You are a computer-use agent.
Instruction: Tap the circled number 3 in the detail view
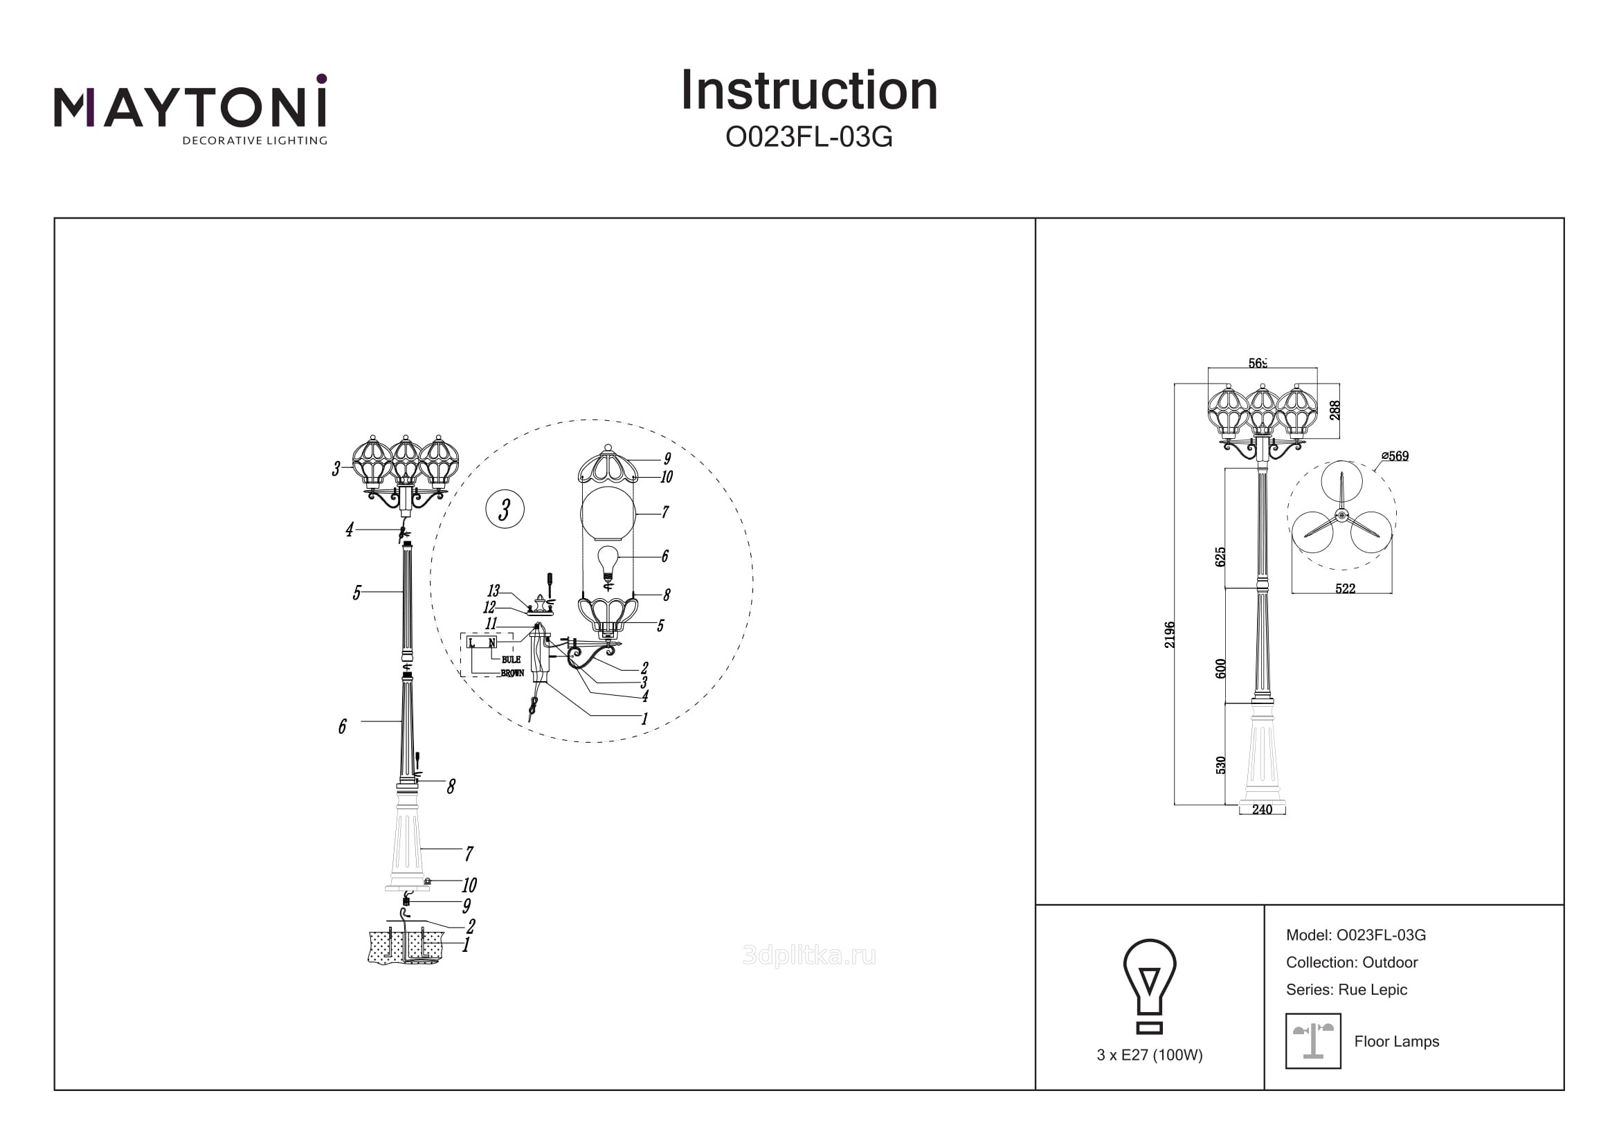click(505, 509)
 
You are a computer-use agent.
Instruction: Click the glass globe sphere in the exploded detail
click(607, 514)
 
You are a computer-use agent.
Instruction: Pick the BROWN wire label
click(512, 674)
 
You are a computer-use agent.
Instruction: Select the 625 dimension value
click(1220, 557)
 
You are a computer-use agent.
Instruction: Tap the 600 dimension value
click(1220, 669)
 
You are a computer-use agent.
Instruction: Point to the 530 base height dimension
click(1220, 765)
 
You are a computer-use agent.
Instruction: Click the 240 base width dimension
click(1263, 809)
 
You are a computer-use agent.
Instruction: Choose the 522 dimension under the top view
click(1345, 588)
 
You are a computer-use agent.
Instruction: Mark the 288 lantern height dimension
click(1335, 411)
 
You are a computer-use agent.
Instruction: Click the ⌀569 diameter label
click(1395, 456)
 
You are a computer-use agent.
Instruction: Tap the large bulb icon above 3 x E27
click(1150, 985)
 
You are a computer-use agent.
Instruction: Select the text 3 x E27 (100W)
click(1150, 1055)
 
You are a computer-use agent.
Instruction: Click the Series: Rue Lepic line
click(1346, 989)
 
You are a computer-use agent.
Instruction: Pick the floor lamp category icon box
click(1313, 1041)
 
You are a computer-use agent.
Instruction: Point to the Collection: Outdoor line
click(1351, 962)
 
